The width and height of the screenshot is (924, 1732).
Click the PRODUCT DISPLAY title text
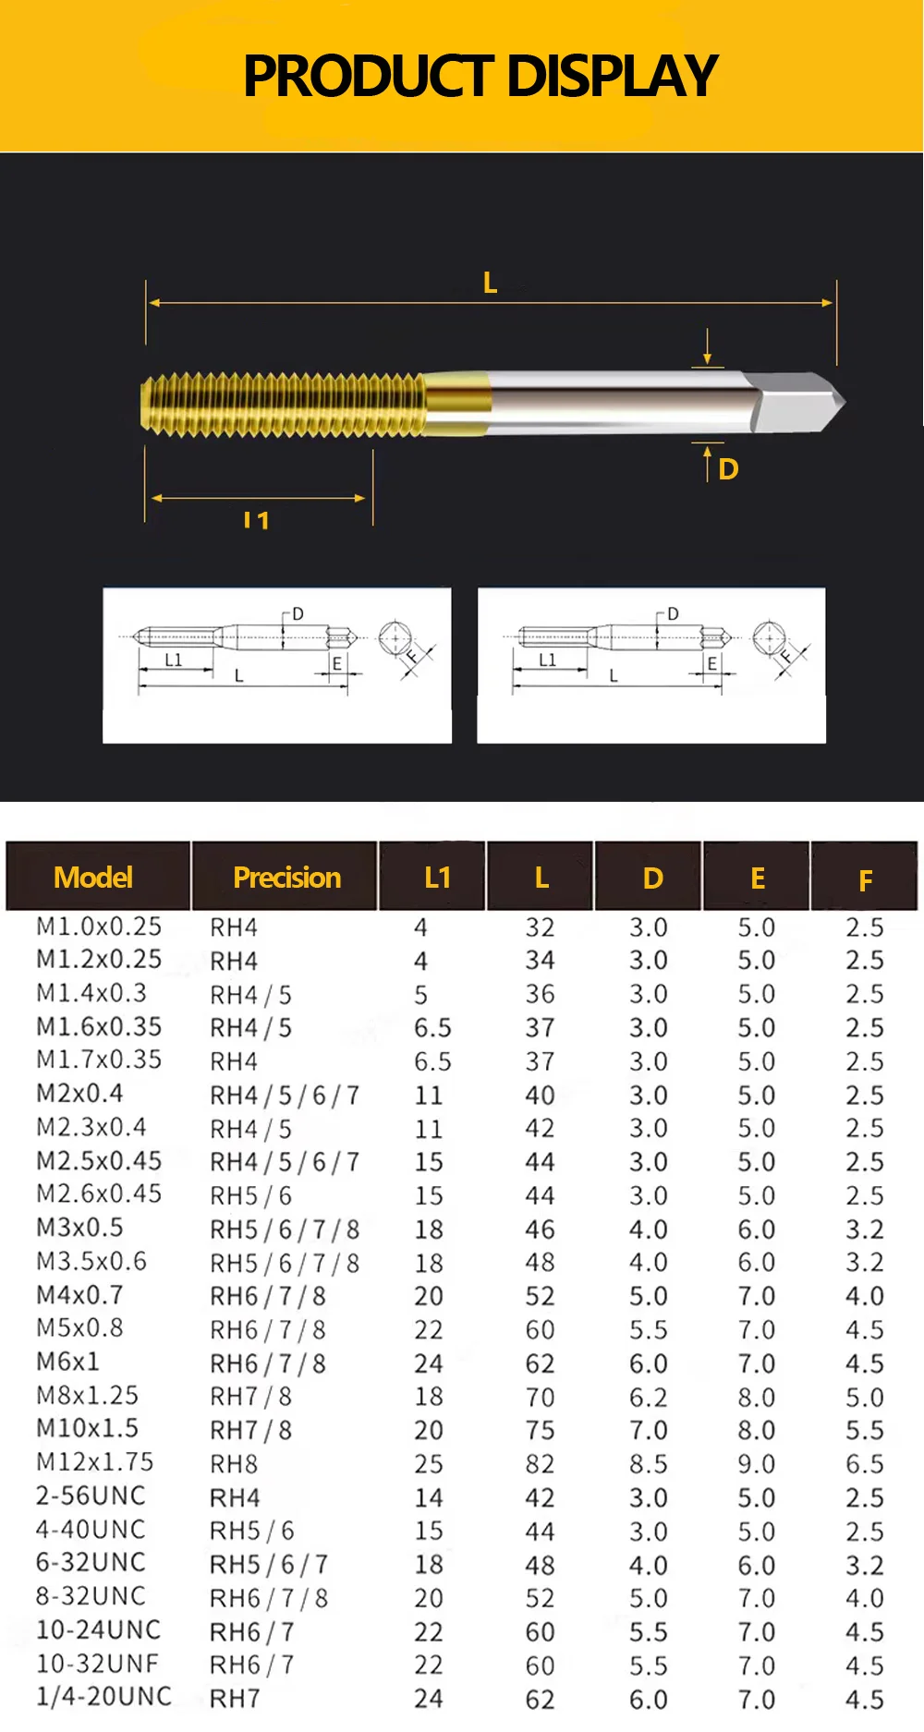(x=480, y=76)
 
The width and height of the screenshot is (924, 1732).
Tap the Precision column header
(x=286, y=877)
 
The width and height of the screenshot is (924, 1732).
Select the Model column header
(x=93, y=877)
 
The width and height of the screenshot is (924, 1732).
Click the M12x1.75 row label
(x=95, y=1462)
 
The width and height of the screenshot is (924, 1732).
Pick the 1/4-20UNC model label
(x=103, y=1697)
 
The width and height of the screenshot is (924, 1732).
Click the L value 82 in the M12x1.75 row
(x=540, y=1464)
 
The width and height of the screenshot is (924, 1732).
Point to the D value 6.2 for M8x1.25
(x=648, y=1397)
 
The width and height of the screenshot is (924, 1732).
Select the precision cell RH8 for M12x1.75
(x=234, y=1464)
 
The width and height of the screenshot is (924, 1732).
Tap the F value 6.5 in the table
(x=864, y=1464)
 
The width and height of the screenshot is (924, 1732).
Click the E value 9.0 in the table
(x=756, y=1464)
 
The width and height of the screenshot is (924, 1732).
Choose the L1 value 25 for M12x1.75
(x=429, y=1464)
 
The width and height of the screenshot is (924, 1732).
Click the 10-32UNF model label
(x=97, y=1664)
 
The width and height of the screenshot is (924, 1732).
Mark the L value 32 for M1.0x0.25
(x=540, y=927)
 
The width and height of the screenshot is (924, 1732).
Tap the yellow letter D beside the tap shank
(x=728, y=469)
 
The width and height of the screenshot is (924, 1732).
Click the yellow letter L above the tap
(x=491, y=283)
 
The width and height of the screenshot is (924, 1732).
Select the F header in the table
(x=865, y=880)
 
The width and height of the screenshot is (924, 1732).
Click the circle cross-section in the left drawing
(x=395, y=637)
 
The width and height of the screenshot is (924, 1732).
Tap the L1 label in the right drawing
(x=547, y=660)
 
